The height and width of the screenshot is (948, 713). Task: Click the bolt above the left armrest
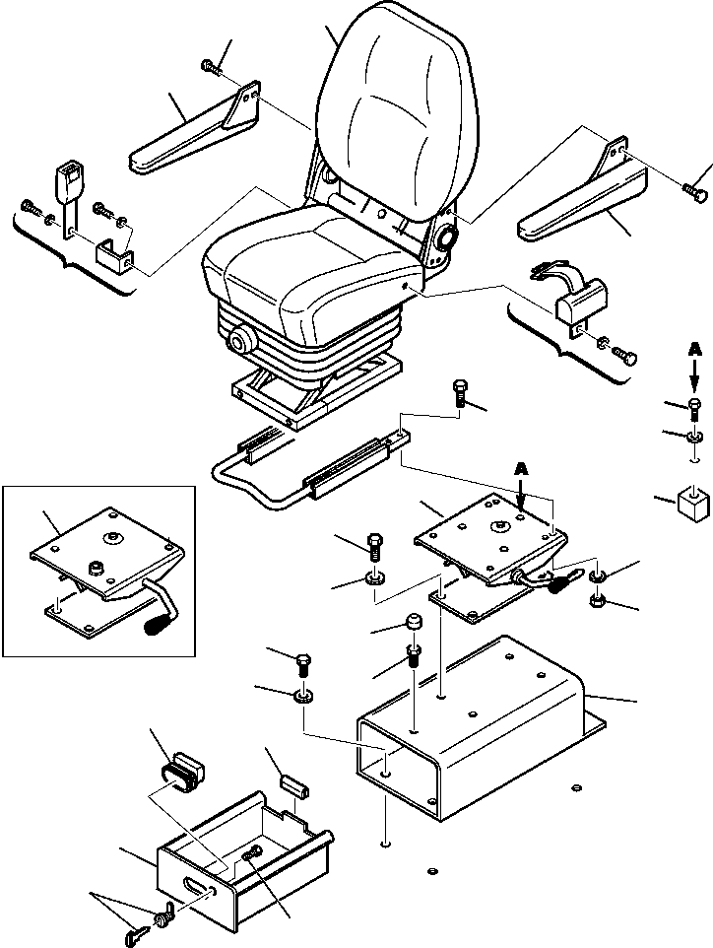tap(213, 66)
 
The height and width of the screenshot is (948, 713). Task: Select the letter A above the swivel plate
tap(521, 469)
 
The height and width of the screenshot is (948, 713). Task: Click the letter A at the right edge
tap(695, 351)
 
